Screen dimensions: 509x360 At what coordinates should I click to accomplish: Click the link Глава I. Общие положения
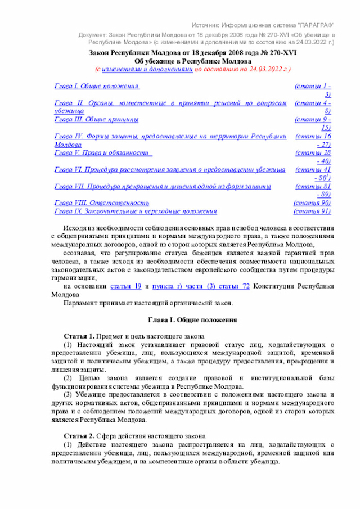tap(96, 86)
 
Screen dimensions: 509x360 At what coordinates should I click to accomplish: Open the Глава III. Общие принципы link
tap(96, 119)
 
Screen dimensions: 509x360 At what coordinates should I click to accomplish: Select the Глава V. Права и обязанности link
tap(104, 152)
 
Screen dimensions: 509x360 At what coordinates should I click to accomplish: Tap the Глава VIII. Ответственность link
tap(102, 202)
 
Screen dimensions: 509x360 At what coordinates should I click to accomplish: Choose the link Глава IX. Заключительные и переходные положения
tap(136, 211)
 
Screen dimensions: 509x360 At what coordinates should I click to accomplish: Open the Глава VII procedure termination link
tap(163, 186)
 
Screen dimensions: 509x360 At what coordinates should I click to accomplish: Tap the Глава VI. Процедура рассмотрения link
tap(169, 169)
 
